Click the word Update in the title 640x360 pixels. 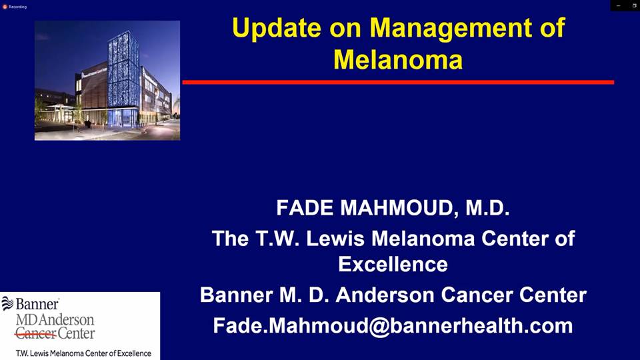tap(277, 29)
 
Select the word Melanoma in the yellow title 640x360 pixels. tap(398, 59)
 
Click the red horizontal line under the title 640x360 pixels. tap(398, 82)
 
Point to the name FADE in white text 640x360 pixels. tap(305, 208)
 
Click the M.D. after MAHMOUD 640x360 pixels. tap(487, 208)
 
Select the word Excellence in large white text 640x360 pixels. tap(393, 264)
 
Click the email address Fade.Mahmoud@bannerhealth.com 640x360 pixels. tap(393, 326)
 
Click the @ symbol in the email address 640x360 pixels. tap(379, 327)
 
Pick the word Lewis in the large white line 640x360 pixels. tap(335, 239)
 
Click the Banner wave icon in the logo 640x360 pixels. tap(7, 303)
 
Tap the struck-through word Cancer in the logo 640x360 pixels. tap(35, 333)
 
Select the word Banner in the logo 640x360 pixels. tap(37, 304)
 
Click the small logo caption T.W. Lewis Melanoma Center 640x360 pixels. tap(83, 353)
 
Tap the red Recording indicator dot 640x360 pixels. tap(5, 7)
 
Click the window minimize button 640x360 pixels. tap(619, 6)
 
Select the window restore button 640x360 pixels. tap(634, 6)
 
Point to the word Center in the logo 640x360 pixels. tap(76, 333)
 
